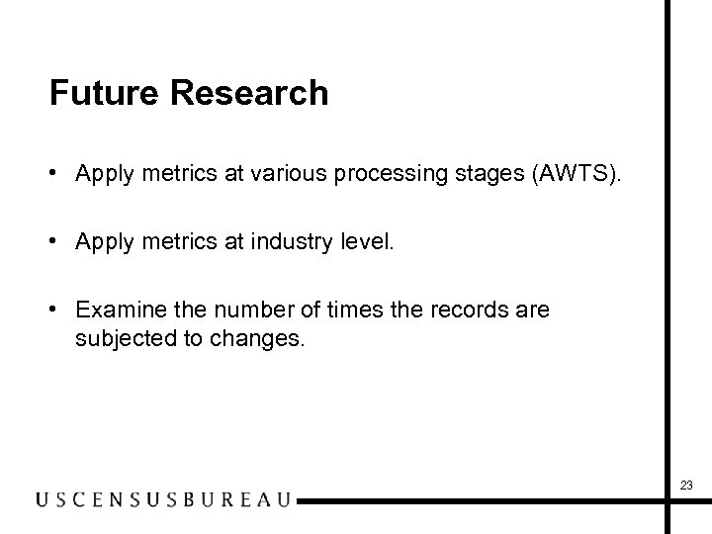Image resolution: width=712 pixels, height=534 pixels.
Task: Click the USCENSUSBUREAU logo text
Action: point(163,499)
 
